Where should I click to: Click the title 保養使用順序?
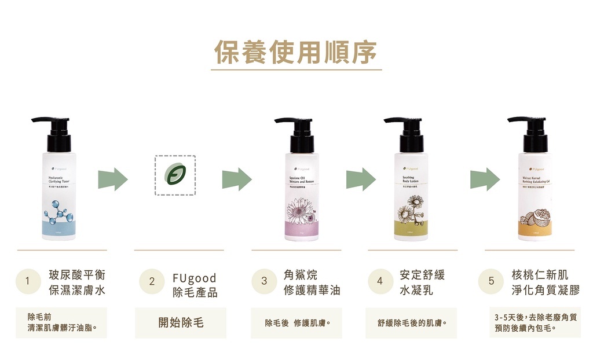(x=296, y=53)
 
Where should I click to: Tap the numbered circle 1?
(x=27, y=281)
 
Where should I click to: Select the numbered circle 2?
(x=152, y=282)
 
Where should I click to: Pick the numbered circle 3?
(x=264, y=281)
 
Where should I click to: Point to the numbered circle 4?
(x=380, y=281)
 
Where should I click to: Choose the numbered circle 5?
(x=491, y=281)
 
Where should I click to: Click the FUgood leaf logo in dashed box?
(x=174, y=175)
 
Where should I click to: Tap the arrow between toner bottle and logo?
(x=112, y=179)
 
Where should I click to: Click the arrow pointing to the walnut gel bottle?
(x=484, y=179)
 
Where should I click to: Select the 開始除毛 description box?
(x=181, y=322)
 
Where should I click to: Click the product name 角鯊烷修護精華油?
(x=312, y=282)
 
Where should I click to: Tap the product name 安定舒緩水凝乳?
(x=422, y=282)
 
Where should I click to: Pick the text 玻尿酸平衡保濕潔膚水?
(x=77, y=282)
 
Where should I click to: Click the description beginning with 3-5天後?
(x=535, y=322)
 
